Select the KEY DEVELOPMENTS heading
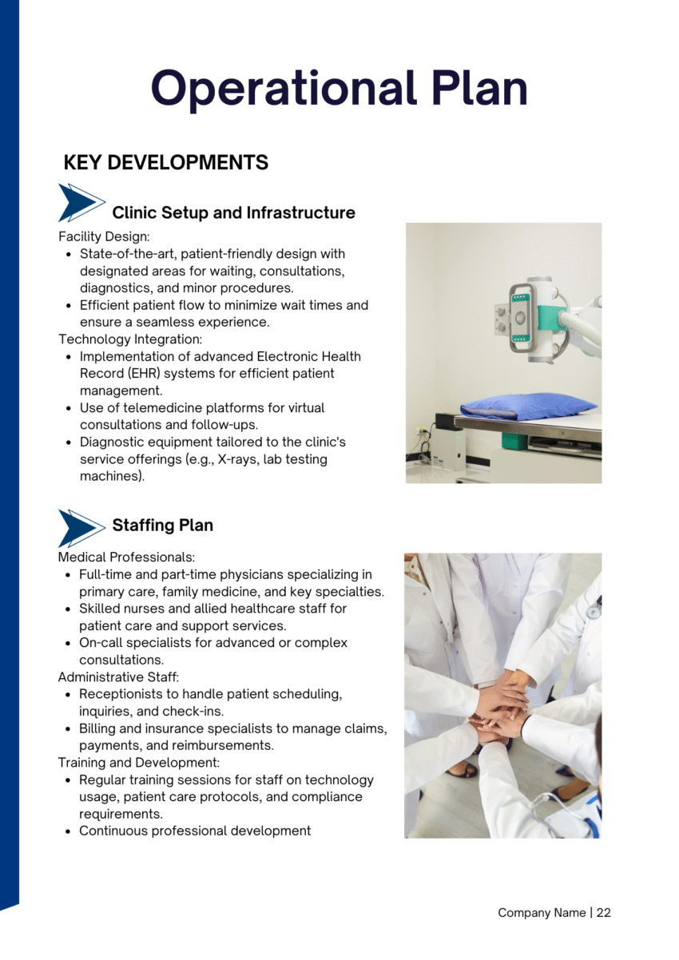click(165, 163)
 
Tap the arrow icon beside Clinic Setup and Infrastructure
click(81, 203)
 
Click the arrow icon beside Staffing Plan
click(81, 528)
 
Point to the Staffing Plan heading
click(162, 525)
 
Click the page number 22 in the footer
click(603, 912)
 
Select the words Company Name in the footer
click(542, 912)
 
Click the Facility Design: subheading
click(104, 236)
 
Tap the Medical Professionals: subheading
click(126, 557)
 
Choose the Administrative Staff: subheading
click(119, 676)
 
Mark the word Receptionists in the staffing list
click(120, 694)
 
